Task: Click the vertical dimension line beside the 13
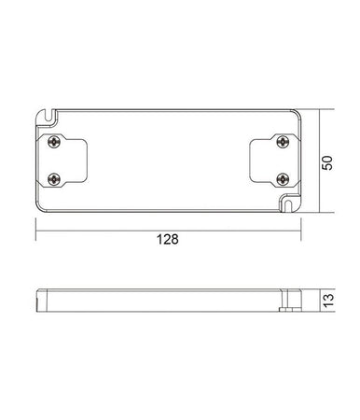click(x=319, y=301)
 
